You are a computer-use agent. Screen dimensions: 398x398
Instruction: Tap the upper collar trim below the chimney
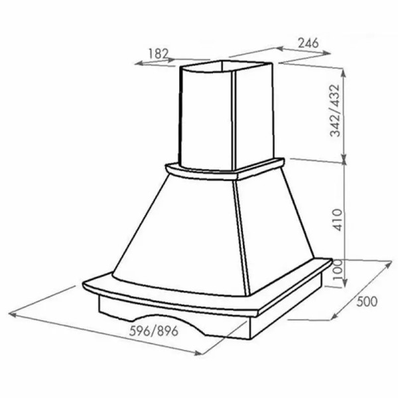point(199,174)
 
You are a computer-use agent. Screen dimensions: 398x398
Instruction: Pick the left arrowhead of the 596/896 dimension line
point(12,311)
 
